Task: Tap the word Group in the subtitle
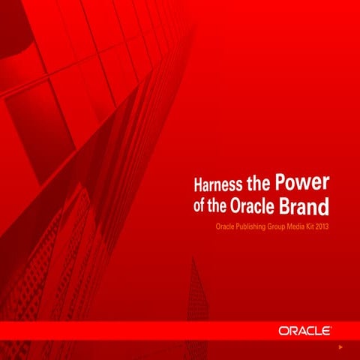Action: (288, 225)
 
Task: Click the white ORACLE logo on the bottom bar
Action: (305, 330)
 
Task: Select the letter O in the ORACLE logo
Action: (283, 330)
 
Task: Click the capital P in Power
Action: (281, 182)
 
